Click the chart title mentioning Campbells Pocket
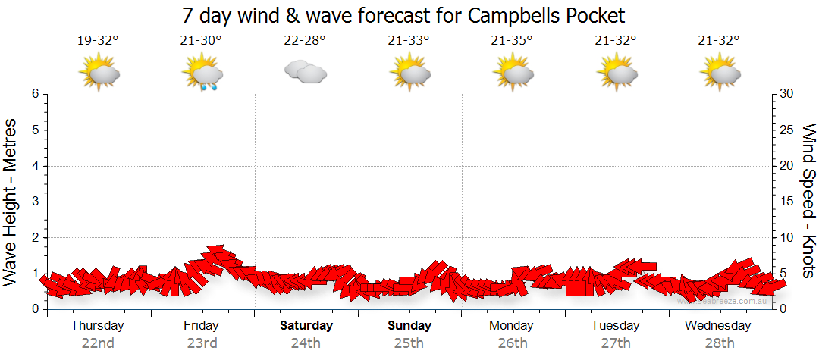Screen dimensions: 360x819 [404, 15]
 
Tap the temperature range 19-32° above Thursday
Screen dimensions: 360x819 [98, 41]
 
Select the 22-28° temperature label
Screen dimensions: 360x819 [304, 41]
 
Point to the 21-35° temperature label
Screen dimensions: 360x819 [511, 41]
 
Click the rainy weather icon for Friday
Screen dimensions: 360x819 [202, 73]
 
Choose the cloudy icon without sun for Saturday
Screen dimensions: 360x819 [305, 72]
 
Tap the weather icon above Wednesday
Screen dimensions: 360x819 [719, 72]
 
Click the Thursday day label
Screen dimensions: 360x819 [98, 326]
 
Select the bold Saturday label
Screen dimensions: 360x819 [306, 326]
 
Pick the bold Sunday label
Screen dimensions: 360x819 [409, 326]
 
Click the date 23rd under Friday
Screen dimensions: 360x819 [202, 343]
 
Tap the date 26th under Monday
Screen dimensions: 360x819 [513, 343]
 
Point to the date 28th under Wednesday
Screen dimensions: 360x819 [718, 343]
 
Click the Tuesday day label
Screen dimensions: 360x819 [615, 326]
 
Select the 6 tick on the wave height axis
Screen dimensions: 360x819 [35, 94]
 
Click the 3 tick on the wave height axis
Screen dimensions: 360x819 [35, 202]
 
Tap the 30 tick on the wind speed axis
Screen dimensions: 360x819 [788, 94]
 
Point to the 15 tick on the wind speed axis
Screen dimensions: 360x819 [788, 202]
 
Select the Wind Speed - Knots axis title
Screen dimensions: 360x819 [808, 202]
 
